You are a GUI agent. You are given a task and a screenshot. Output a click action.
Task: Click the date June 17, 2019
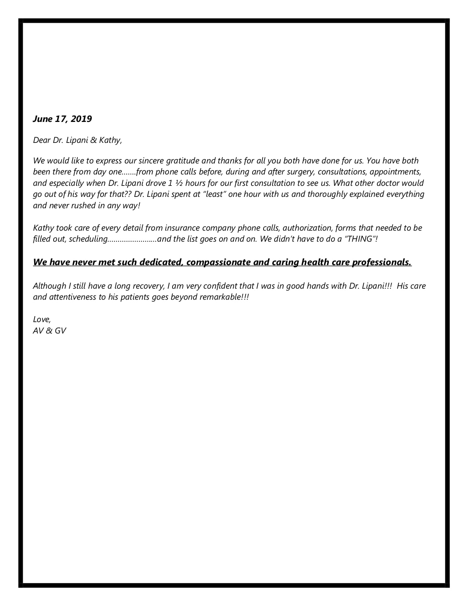click(x=62, y=119)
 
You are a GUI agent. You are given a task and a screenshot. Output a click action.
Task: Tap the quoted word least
click(x=214, y=194)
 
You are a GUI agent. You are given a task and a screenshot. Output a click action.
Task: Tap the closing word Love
click(x=41, y=320)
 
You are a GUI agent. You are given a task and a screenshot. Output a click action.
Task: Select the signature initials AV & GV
click(x=50, y=331)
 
